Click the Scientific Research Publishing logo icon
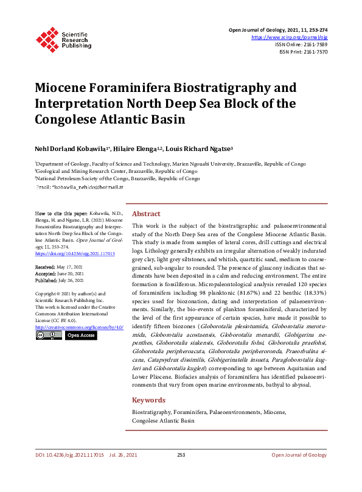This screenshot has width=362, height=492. (x=47, y=38)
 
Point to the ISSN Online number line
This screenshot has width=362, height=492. (x=301, y=44)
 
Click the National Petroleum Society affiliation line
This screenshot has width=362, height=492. (x=118, y=179)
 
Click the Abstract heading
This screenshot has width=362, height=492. (x=146, y=214)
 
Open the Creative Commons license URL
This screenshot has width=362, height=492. (x=79, y=327)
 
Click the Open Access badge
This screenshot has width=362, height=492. (x=80, y=336)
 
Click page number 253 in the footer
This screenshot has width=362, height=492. (x=181, y=472)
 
